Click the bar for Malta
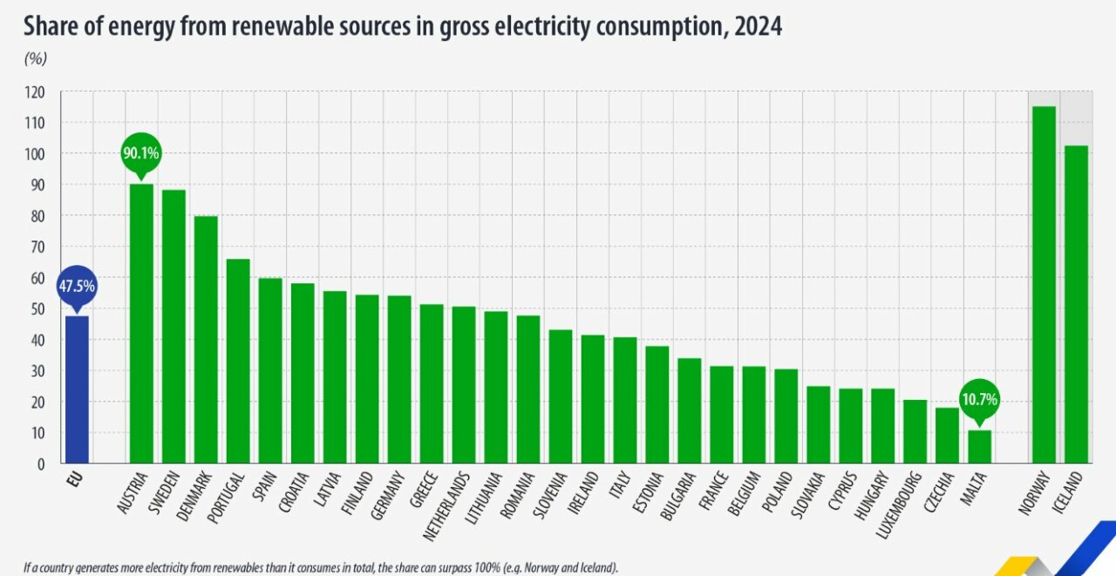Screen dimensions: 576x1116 tap(979, 446)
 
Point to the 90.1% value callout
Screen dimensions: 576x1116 tap(140, 153)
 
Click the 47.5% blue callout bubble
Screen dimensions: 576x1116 tap(77, 287)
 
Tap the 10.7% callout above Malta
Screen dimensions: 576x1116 tap(979, 401)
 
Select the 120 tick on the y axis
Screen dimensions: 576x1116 tap(34, 91)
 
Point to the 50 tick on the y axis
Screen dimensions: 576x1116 tap(37, 308)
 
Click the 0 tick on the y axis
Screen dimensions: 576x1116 tap(41, 464)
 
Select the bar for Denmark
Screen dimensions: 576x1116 tap(205, 340)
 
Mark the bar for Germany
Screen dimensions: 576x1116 tap(398, 379)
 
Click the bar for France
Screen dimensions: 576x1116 tap(721, 415)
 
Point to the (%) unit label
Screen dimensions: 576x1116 tap(35, 58)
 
